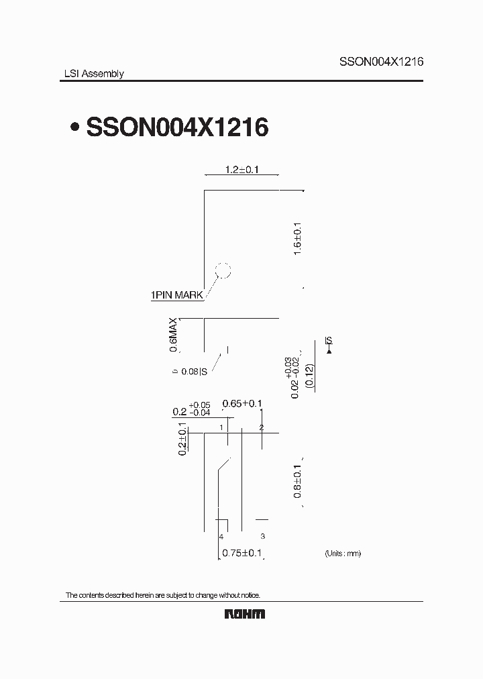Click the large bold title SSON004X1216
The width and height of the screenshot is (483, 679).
[x=177, y=127]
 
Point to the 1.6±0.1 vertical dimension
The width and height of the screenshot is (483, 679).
[x=298, y=238]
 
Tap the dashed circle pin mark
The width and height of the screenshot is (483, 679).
[x=222, y=272]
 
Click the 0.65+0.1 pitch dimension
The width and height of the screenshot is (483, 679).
[x=241, y=403]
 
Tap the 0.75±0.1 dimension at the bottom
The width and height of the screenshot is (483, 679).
[x=241, y=554]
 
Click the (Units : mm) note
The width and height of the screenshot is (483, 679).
[x=343, y=554]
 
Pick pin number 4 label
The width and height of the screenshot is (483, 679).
[x=221, y=537]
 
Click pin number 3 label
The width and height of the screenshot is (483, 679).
[x=262, y=537]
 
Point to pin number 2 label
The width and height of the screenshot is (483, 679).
[x=262, y=427]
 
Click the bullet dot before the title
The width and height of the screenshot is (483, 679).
[x=76, y=127]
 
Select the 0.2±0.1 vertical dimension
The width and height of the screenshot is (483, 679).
[x=182, y=439]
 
